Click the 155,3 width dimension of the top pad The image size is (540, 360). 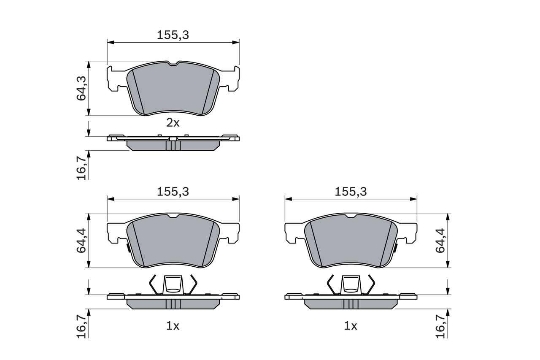click(x=173, y=35)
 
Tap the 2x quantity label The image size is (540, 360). click(x=173, y=123)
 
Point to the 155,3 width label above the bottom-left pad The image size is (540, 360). click(x=173, y=191)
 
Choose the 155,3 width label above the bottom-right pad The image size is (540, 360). click(x=351, y=191)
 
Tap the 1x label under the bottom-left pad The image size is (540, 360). click(x=173, y=326)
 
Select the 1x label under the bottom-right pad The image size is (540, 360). click(x=350, y=326)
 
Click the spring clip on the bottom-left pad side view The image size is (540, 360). click(x=173, y=284)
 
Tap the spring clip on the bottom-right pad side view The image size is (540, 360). click(x=351, y=284)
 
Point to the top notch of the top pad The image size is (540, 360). click(x=173, y=64)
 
